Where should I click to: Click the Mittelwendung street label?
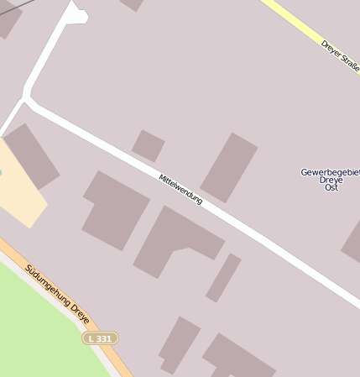coord(180,189)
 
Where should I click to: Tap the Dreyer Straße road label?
coord(339,56)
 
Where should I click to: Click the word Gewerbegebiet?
coord(330,172)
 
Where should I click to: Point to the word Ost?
coord(331,187)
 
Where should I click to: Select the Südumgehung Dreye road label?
coord(57,296)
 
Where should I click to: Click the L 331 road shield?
coord(100,338)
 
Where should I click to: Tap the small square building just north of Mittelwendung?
coord(148,145)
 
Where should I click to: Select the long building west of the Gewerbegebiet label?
coord(228,167)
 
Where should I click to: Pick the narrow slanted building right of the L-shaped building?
coord(223,277)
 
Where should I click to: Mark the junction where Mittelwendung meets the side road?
coord(28,102)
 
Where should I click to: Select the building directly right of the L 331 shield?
coord(179,343)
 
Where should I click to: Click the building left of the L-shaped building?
coord(116,210)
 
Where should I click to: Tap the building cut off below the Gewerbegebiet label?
coord(352,243)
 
